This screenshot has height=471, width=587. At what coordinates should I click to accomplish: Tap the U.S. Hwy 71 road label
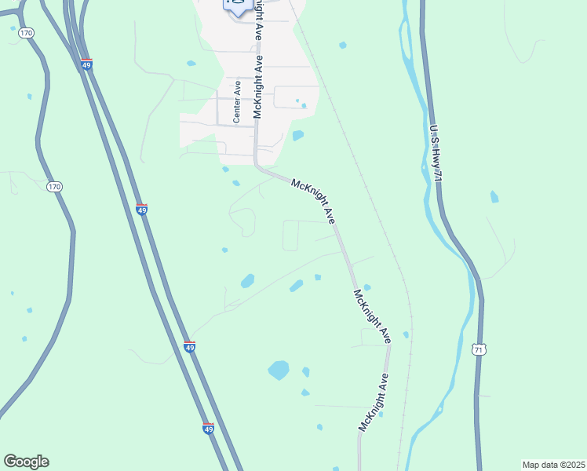click(x=436, y=154)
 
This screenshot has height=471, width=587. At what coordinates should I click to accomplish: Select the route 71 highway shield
click(x=478, y=349)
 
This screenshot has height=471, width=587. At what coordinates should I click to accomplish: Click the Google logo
click(x=26, y=462)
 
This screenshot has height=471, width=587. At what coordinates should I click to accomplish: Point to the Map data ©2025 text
click(x=552, y=465)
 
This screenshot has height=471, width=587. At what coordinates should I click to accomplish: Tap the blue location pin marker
click(x=237, y=5)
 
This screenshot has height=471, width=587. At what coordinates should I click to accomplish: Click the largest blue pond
click(x=279, y=369)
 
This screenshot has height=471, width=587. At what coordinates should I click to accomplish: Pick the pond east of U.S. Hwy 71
click(x=494, y=197)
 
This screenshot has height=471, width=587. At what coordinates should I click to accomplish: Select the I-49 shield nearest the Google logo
click(x=208, y=429)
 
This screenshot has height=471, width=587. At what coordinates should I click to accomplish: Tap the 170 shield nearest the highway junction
click(x=27, y=33)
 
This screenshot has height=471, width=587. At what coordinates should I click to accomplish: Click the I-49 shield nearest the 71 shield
click(x=189, y=346)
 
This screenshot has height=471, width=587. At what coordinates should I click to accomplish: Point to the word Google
click(x=26, y=462)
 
